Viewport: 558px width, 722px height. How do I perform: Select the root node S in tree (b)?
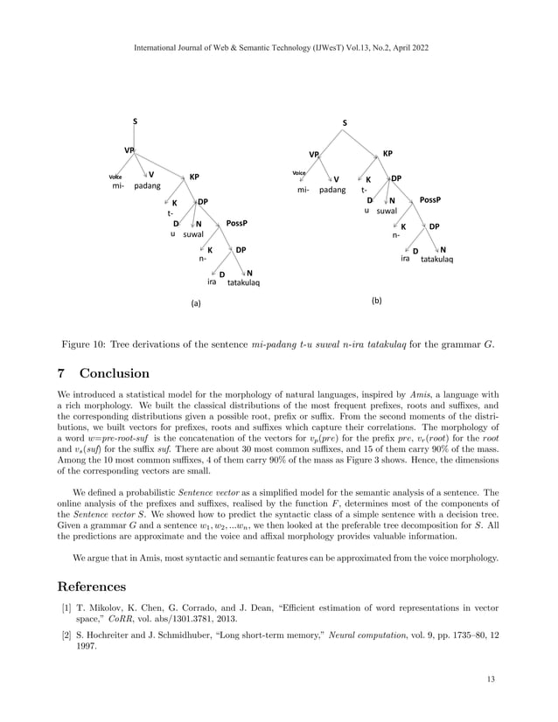(x=345, y=123)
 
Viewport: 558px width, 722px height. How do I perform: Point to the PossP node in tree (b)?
(x=429, y=200)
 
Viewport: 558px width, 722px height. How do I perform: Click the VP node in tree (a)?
(x=129, y=150)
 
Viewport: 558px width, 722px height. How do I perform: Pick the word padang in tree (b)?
(x=332, y=190)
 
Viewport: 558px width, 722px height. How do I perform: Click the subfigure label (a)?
(x=196, y=303)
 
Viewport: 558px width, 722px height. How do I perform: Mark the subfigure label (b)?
(x=376, y=300)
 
